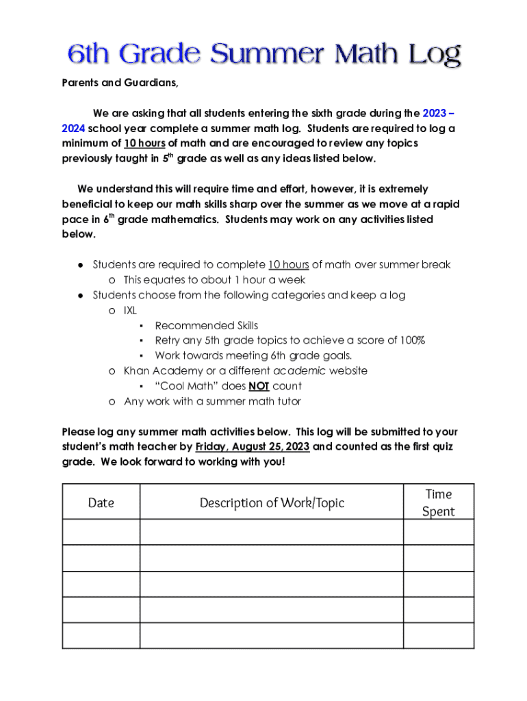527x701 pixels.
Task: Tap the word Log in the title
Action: (432, 55)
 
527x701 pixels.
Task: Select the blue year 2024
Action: (73, 128)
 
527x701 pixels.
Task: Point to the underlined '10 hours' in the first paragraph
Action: (144, 143)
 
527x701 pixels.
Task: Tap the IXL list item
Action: (130, 310)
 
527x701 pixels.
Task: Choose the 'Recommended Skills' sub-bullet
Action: (206, 325)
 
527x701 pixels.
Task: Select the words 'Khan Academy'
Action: (162, 370)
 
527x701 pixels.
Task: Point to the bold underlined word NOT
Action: (258, 386)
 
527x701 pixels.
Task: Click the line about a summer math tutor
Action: (212, 401)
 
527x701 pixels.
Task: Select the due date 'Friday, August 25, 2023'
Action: (253, 447)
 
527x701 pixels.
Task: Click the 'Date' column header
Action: (101, 502)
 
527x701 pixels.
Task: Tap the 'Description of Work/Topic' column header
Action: (272, 502)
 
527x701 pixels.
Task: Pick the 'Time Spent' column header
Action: (438, 502)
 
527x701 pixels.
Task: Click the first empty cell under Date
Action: (101, 532)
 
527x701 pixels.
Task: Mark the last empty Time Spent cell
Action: (438, 636)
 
